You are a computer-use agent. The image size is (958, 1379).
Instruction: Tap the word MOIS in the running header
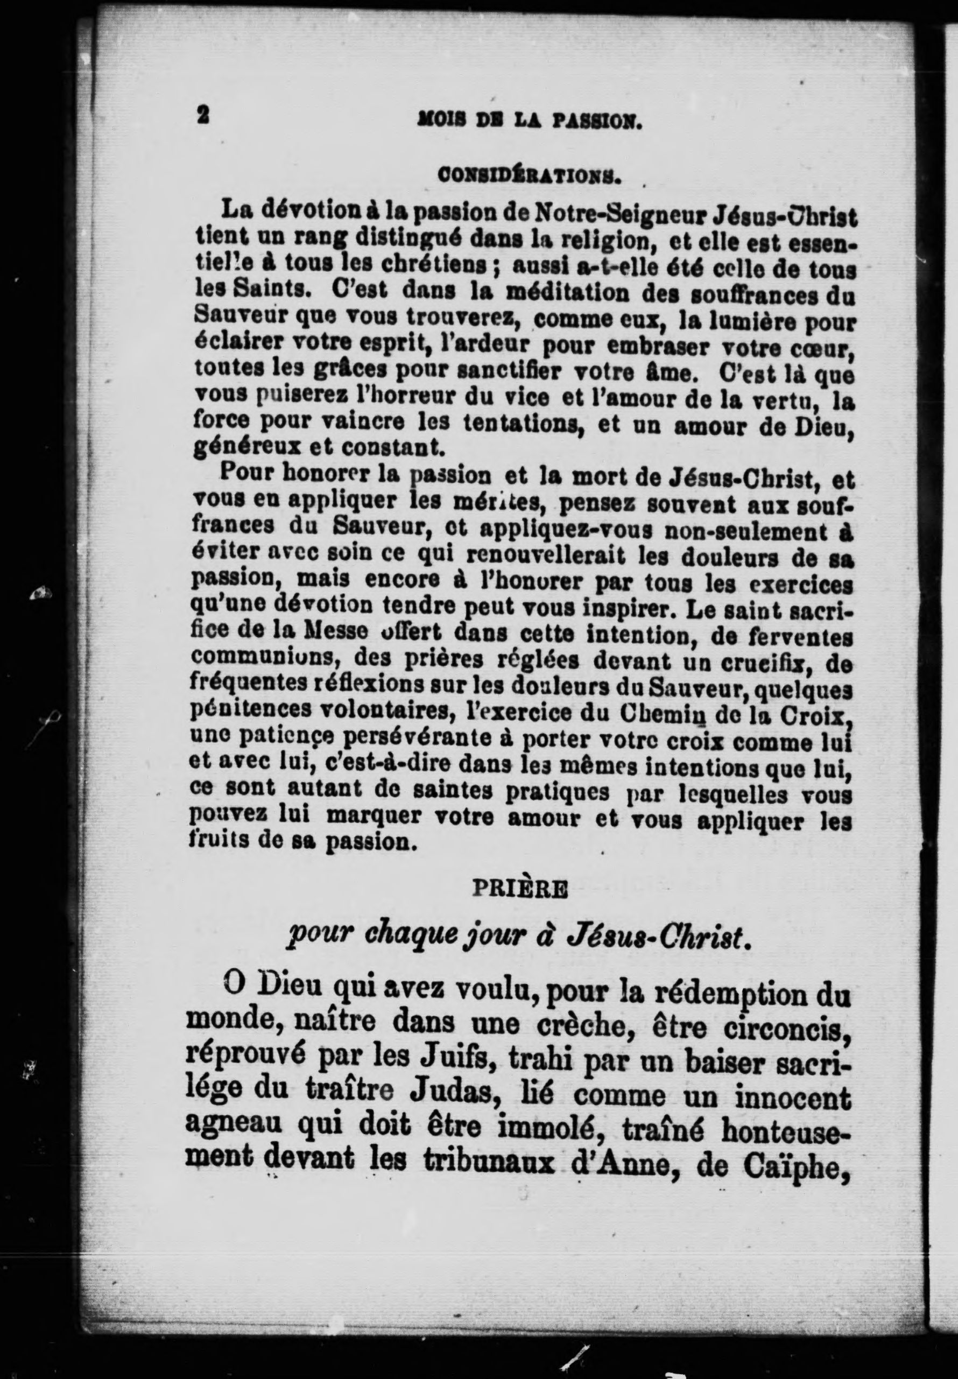pyautogui.click(x=438, y=123)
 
